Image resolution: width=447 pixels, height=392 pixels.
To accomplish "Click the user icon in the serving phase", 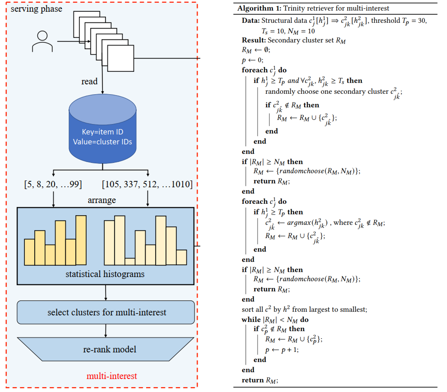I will click(x=42, y=41).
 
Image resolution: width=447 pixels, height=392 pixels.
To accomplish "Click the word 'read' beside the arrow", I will click(x=90, y=81).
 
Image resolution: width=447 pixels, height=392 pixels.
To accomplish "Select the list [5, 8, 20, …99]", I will click(x=53, y=185).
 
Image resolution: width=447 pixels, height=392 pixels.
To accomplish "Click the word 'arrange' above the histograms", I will click(x=102, y=200).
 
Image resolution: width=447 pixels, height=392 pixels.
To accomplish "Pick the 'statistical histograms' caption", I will click(x=105, y=274).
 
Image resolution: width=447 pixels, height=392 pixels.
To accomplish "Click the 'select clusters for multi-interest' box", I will click(x=106, y=313).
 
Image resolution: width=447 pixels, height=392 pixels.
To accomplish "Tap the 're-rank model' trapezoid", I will click(x=106, y=349).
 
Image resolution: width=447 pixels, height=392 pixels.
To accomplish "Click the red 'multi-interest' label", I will click(x=112, y=375).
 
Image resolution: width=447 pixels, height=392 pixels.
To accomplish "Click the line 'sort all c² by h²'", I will click(x=305, y=309).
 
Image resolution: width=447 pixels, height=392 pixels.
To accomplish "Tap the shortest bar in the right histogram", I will click(x=130, y=261).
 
